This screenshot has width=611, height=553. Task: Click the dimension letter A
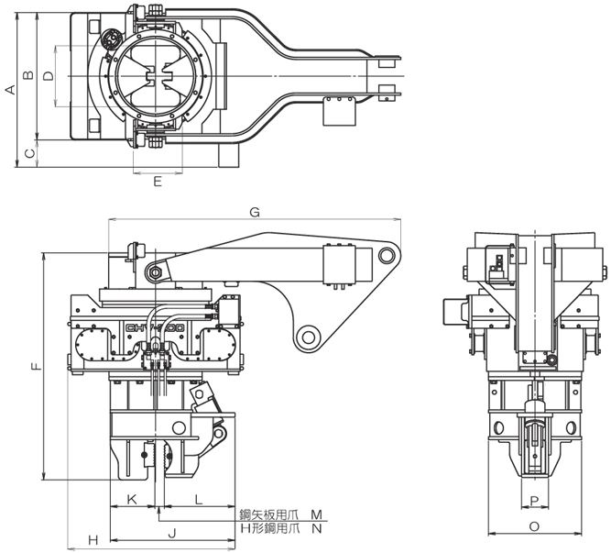[x=10, y=90]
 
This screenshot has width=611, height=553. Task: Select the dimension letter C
[x=28, y=153]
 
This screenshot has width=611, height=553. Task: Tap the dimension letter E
[x=158, y=182]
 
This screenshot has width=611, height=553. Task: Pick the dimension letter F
[x=35, y=367]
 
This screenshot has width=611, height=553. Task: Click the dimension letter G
[x=255, y=212]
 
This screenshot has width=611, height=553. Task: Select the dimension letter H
[x=93, y=539]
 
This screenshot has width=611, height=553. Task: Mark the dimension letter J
[x=171, y=532]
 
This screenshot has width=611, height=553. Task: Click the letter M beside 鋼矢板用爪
[x=316, y=514]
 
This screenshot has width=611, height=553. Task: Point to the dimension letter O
[x=534, y=526]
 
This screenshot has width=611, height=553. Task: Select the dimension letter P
[x=534, y=500]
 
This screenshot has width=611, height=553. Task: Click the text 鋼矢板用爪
[x=268, y=514]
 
